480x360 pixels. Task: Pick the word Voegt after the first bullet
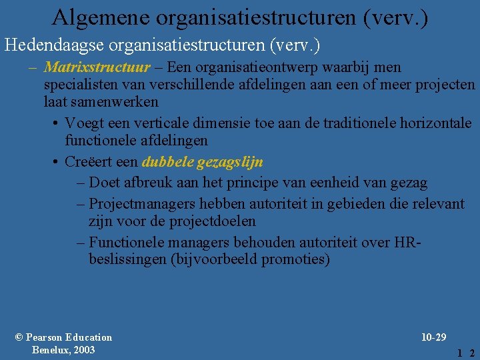coord(84,123)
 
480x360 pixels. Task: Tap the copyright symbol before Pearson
coord(19,337)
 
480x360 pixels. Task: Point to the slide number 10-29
coord(433,337)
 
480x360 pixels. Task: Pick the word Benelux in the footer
coord(51,350)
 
